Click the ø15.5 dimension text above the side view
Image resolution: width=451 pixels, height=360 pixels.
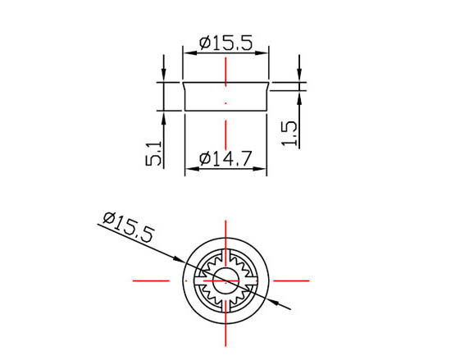(226, 42)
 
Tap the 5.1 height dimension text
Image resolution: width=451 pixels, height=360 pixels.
(153, 153)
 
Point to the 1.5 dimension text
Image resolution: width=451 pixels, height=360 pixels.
(289, 132)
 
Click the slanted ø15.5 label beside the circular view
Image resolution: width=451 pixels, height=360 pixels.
(128, 227)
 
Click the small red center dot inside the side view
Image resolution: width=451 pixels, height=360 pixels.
(226, 103)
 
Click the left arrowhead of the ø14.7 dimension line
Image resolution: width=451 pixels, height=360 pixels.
(189, 170)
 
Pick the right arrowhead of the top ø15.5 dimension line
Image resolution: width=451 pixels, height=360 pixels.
(265, 52)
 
